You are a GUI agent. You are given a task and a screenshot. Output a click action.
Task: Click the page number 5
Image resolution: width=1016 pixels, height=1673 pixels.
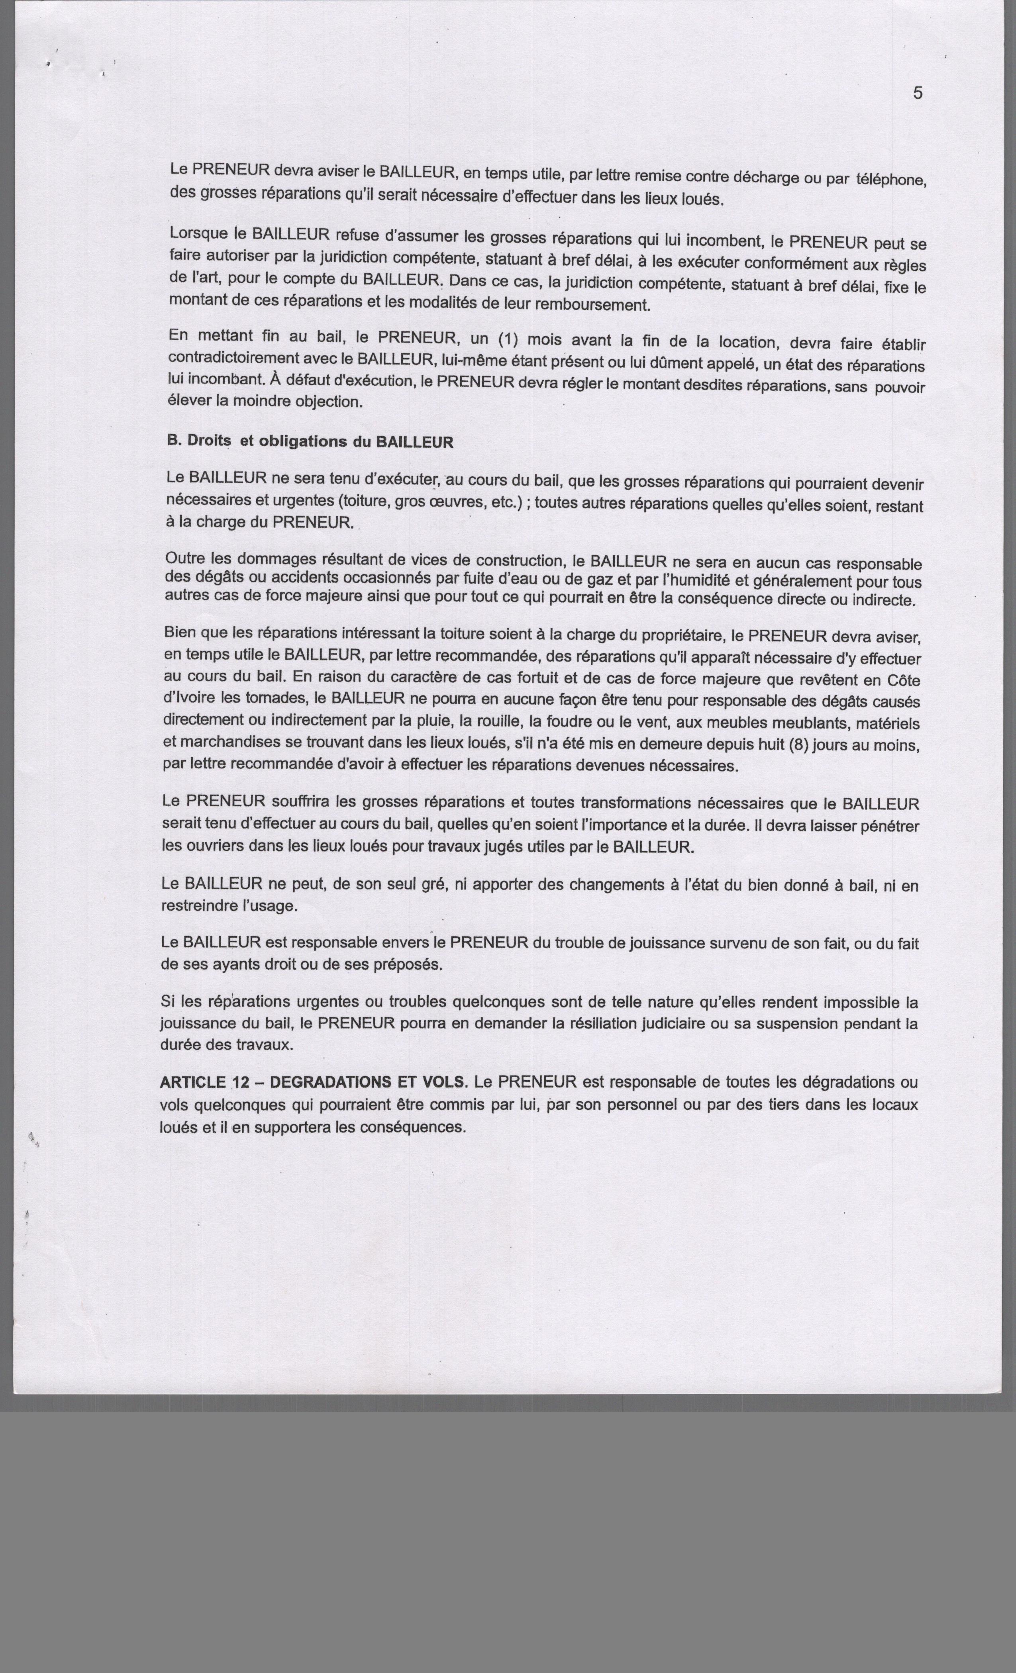click(x=918, y=94)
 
